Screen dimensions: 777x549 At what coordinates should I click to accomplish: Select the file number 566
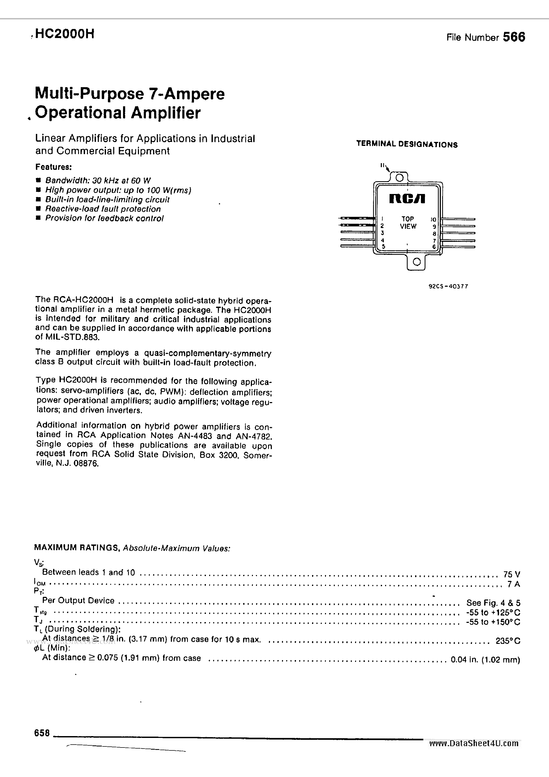[514, 37]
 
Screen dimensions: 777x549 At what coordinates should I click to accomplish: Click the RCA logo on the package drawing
[407, 199]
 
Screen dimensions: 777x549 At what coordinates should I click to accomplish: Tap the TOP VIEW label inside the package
[408, 223]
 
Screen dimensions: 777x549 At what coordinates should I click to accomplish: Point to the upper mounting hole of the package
[399, 177]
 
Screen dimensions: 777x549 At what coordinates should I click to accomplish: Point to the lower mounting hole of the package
[417, 262]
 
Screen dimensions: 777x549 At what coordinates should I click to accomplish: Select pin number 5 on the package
[383, 246]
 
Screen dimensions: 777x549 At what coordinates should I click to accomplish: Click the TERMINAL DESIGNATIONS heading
[407, 144]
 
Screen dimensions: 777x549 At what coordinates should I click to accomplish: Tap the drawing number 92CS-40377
[448, 286]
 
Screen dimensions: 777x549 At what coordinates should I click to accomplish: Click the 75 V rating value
[512, 574]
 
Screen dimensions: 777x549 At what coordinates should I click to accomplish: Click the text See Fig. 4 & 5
[493, 603]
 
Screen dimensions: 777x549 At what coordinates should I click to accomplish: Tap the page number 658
[42, 733]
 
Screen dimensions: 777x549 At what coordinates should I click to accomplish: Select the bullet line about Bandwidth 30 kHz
[98, 180]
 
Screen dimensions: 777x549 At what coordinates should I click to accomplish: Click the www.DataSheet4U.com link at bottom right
[474, 743]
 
